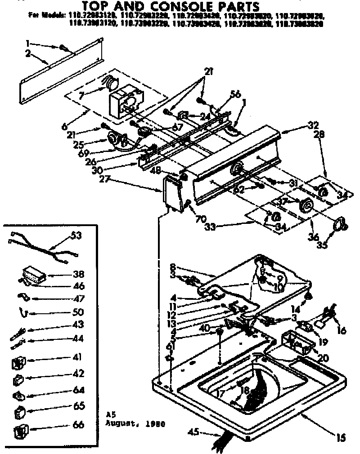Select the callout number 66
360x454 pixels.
coord(78,424)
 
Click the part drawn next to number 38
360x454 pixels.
coord(33,274)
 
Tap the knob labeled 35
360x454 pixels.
coord(341,223)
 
